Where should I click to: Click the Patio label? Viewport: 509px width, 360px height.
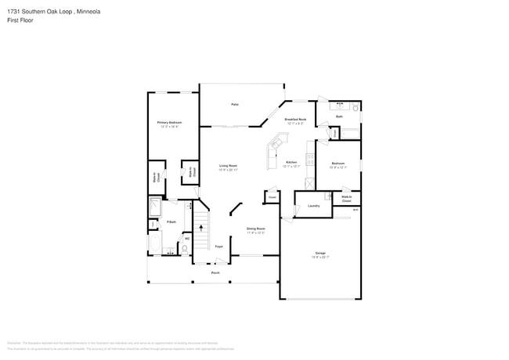click(x=234, y=104)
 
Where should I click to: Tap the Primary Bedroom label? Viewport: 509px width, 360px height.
click(x=169, y=123)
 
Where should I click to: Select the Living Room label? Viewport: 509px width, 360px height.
click(x=228, y=166)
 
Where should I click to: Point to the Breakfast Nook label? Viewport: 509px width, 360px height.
click(x=296, y=119)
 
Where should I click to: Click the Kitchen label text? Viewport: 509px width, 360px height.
click(x=291, y=163)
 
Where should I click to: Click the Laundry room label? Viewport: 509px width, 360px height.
click(x=313, y=206)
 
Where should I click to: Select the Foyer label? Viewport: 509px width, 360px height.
click(x=219, y=245)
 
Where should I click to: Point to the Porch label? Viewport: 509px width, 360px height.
click(x=215, y=272)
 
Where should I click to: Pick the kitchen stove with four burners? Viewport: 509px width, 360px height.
click(x=310, y=161)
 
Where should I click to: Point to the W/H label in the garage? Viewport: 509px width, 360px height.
click(x=356, y=210)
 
